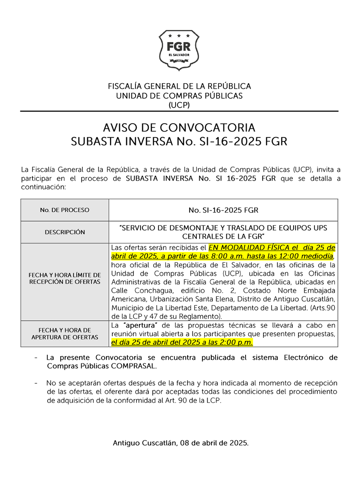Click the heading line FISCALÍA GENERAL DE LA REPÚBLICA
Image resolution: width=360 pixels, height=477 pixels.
tap(179, 86)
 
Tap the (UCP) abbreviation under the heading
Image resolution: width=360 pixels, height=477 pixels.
tap(179, 105)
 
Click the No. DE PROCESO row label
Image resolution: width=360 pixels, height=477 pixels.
tap(65, 210)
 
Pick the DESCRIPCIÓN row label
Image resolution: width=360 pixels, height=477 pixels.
tap(65, 232)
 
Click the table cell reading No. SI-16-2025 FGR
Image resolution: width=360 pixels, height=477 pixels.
tap(223, 210)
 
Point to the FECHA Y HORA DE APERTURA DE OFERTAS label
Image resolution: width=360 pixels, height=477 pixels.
tap(65, 333)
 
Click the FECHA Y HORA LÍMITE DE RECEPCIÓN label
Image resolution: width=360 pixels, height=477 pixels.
tap(65, 278)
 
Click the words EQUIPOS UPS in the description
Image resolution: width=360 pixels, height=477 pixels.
tap(302, 228)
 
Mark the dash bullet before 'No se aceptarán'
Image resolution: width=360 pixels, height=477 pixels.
tap(37, 383)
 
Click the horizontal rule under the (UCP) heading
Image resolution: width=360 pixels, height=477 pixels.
tap(179, 111)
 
